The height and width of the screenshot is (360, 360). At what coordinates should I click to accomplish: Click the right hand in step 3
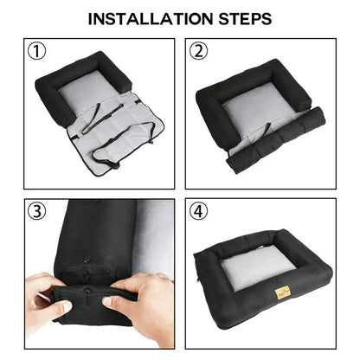pos(147,303)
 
